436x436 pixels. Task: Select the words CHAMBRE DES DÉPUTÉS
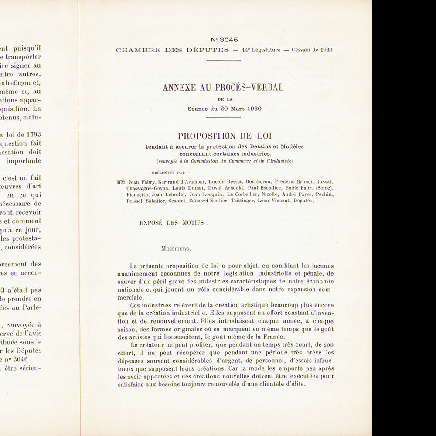(x=172, y=50)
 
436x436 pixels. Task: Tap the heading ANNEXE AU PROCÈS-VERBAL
(x=223, y=87)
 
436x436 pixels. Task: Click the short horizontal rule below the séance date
(x=223, y=117)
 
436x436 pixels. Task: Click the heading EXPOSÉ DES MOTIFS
(x=174, y=222)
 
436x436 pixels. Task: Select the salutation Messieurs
(x=176, y=249)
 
